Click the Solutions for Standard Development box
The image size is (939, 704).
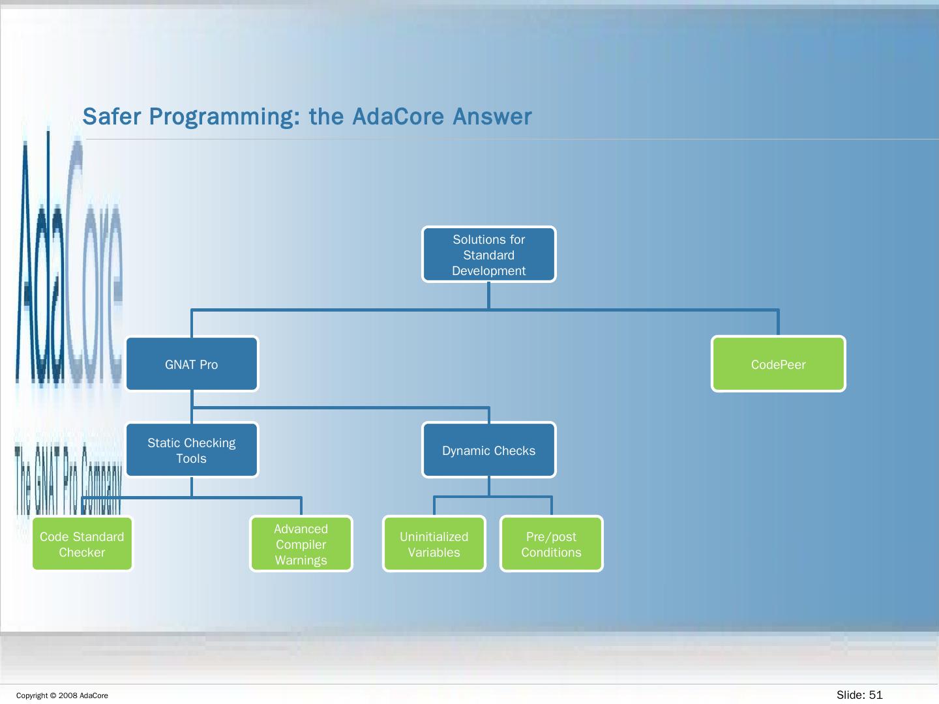(488, 255)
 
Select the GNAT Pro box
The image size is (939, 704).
(192, 364)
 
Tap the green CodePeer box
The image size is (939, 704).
(778, 364)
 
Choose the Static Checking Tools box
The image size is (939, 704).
(192, 450)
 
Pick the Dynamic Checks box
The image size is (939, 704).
(488, 450)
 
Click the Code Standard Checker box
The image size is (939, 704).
(82, 544)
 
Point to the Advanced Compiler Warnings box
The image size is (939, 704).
(301, 544)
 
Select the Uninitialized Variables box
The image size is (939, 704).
(434, 544)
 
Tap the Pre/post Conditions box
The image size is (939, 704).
(551, 544)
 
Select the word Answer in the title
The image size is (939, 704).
(492, 117)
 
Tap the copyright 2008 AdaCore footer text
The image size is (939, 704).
(62, 696)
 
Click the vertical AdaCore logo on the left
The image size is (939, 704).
(69, 261)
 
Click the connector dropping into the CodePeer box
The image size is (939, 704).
(778, 323)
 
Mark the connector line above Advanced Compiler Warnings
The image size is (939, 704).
(301, 506)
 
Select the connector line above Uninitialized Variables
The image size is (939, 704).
(434, 506)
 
